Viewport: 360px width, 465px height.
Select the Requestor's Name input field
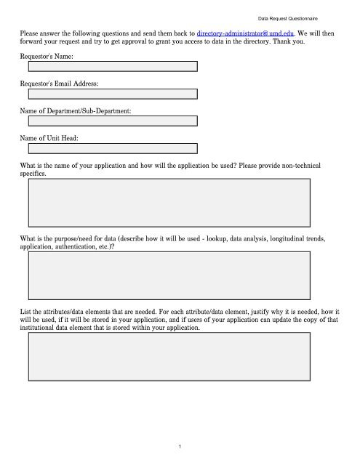tap(113, 66)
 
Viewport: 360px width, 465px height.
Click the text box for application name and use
tap(169, 203)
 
